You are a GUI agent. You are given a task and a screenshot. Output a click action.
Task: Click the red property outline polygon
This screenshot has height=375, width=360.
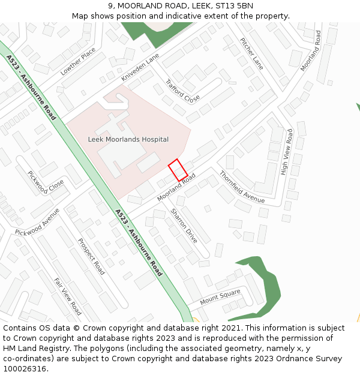pos(178,170)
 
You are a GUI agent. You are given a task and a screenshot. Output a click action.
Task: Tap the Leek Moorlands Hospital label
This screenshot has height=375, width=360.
pos(128,139)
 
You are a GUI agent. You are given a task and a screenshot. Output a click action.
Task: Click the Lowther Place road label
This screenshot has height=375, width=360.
pos(78,61)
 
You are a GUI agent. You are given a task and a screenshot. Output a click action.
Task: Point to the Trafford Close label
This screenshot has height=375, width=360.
pos(182,91)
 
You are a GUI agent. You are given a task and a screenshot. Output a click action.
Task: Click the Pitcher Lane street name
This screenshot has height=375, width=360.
pos(251,53)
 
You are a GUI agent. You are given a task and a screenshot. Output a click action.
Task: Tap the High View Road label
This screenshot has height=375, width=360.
pos(286,152)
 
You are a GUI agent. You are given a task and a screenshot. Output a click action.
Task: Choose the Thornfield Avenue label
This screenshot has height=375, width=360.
pos(242,187)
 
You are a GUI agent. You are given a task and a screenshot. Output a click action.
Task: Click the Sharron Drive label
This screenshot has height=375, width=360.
pos(184,225)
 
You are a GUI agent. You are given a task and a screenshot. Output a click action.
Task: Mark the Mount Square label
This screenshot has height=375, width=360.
pos(220,296)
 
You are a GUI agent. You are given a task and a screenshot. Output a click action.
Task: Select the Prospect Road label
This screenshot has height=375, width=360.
pos(91,256)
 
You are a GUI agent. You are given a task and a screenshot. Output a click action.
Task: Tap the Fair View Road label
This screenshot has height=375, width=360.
pos(67,296)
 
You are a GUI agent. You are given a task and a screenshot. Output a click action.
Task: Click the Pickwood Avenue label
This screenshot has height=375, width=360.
pos(37,223)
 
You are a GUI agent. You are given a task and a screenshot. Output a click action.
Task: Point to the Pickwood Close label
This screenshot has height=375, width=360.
pos(46,182)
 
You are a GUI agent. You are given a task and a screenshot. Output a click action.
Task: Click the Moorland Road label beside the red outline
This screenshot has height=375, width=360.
pos(176,188)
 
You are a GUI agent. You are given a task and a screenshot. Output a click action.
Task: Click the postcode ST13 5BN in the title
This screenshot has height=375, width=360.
pos(234,6)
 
